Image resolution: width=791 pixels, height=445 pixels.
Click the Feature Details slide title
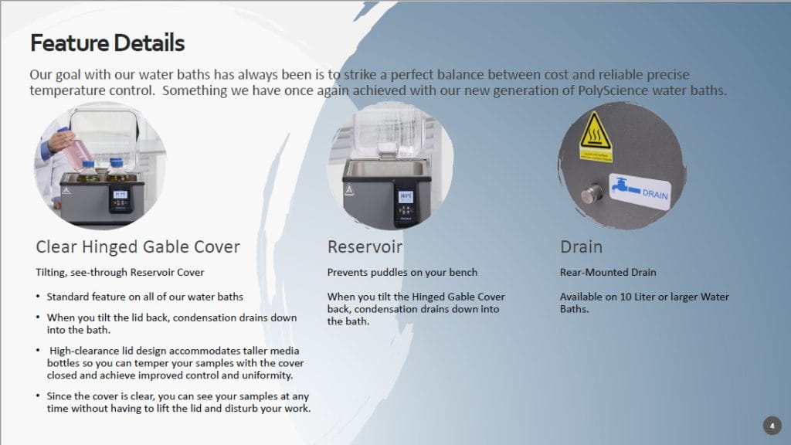point(107,43)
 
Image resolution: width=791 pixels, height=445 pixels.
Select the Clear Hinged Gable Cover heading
point(137,246)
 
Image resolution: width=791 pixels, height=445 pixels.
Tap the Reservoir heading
point(365,246)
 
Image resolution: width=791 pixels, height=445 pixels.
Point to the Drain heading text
point(581,246)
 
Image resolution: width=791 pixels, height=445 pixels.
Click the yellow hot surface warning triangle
point(596,131)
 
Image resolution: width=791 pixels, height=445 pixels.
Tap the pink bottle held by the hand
point(76,150)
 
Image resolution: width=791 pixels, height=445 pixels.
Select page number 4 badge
point(772,426)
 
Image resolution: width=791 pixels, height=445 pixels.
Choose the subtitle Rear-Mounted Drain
point(608,273)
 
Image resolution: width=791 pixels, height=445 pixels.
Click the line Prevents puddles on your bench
point(402,273)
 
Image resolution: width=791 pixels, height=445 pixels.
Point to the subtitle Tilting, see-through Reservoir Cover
point(120,273)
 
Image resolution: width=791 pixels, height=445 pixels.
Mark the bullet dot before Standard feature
point(38,296)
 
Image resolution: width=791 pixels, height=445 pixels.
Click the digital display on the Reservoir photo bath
point(406,196)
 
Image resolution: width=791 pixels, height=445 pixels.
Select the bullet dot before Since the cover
point(38,396)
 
